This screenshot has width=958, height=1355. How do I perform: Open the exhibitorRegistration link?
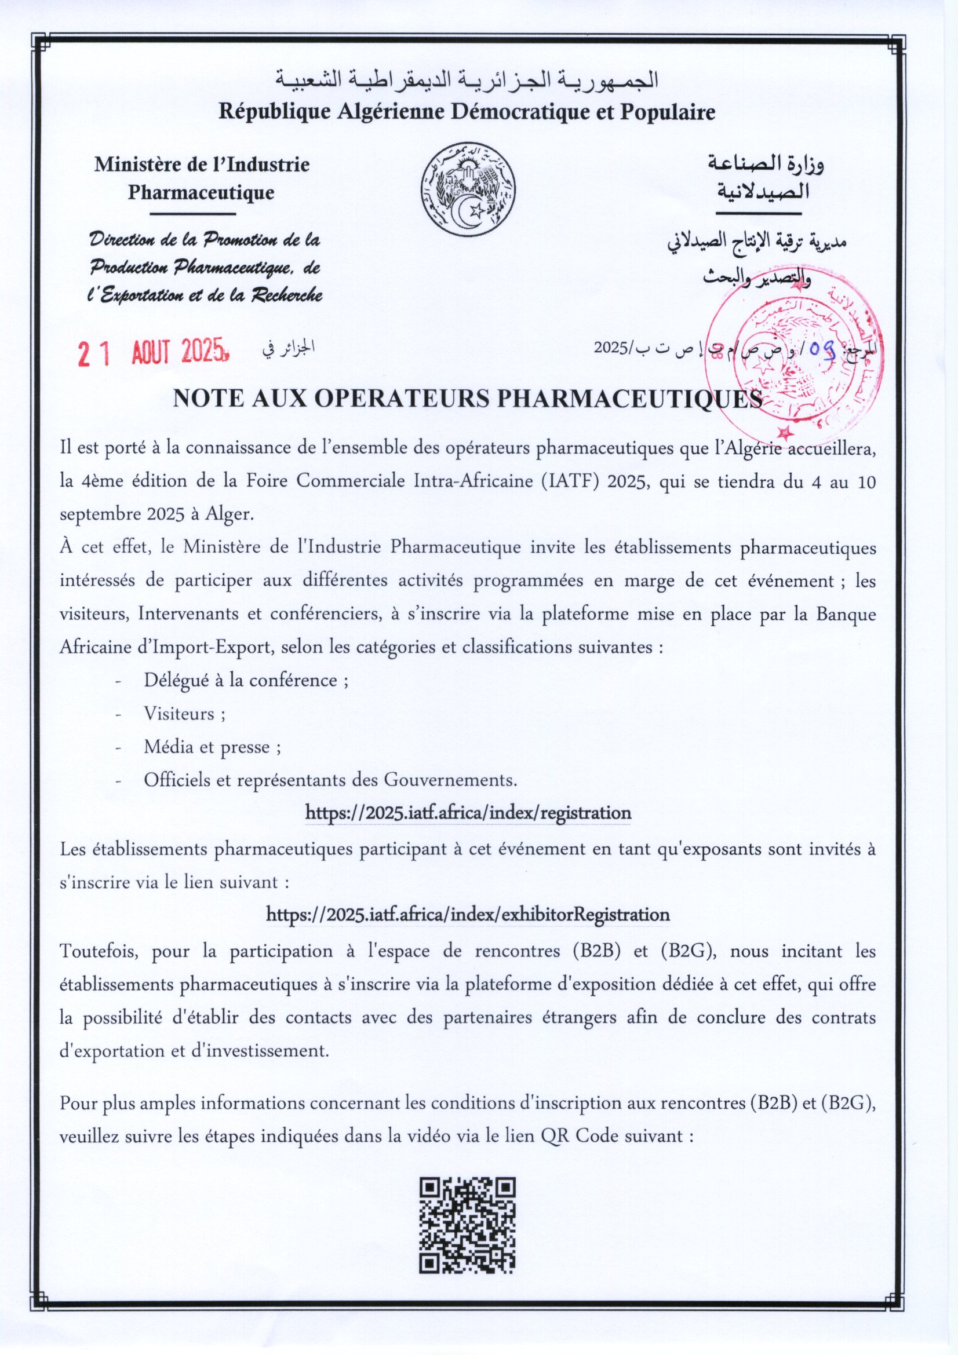pos(468,915)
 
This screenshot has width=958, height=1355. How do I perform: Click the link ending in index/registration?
pos(468,813)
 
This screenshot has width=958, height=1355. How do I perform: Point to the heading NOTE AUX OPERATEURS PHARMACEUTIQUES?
pos(467,400)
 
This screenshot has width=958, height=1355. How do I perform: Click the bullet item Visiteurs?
pos(184,714)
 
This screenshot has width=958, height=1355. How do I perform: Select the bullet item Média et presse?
pos(212,747)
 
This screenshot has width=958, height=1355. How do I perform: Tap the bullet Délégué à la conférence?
pos(246,681)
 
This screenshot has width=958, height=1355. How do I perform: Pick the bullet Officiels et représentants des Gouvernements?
pos(330,780)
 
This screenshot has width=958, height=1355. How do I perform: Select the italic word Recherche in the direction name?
pos(286,294)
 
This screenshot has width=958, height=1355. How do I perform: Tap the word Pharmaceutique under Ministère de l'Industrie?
pos(201,192)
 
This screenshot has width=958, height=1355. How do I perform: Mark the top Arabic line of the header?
pos(467,81)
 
